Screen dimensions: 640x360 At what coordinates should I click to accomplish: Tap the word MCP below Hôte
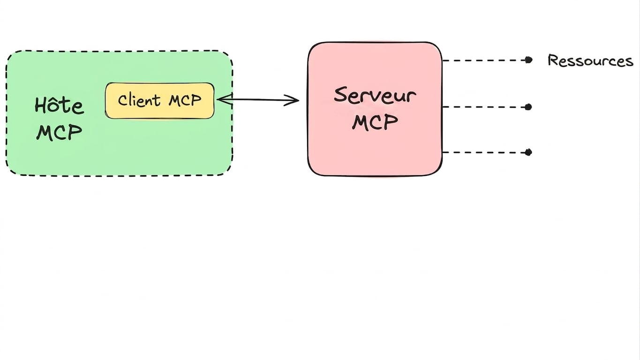[x=60, y=132]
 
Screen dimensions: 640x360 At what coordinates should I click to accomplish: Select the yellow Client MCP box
[x=159, y=101]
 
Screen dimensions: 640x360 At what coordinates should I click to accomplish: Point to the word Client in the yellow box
[x=139, y=100]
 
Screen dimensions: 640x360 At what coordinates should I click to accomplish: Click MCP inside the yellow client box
[x=185, y=100]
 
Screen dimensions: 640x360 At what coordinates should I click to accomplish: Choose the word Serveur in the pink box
[x=375, y=95]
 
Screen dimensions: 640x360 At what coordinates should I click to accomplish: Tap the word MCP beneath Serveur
[x=375, y=122]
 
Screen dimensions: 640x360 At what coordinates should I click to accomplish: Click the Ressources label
[x=590, y=60]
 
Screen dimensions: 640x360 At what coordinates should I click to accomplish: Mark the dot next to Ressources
[x=528, y=60]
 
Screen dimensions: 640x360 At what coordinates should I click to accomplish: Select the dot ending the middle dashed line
[x=528, y=107]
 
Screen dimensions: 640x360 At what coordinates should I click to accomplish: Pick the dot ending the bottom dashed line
[x=528, y=152]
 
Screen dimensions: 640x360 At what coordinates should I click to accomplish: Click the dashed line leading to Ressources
[x=484, y=60]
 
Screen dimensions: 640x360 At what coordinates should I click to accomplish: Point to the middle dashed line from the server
[x=484, y=107]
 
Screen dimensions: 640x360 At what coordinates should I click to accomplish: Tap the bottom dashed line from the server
[x=484, y=152]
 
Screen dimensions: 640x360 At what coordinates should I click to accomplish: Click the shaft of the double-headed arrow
[x=258, y=100]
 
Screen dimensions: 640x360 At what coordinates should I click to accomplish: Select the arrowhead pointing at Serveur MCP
[x=292, y=100]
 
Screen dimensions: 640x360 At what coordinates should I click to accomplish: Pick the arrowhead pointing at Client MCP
[x=224, y=99]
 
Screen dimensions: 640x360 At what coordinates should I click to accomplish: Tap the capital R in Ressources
[x=553, y=60]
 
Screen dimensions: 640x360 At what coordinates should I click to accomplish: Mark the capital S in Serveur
[x=340, y=95]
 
